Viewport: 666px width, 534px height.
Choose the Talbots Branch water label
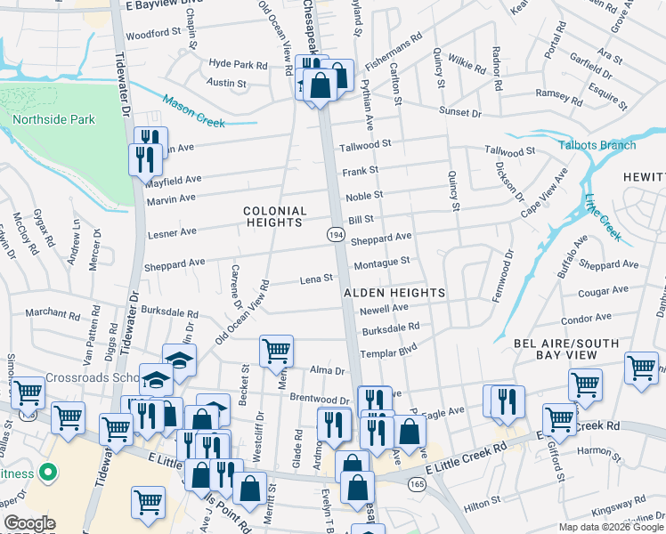(x=597, y=145)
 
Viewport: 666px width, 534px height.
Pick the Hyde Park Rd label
(x=238, y=65)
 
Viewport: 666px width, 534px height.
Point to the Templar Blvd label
(x=389, y=353)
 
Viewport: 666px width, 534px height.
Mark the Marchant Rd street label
(x=53, y=313)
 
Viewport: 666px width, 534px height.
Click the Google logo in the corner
(x=29, y=524)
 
